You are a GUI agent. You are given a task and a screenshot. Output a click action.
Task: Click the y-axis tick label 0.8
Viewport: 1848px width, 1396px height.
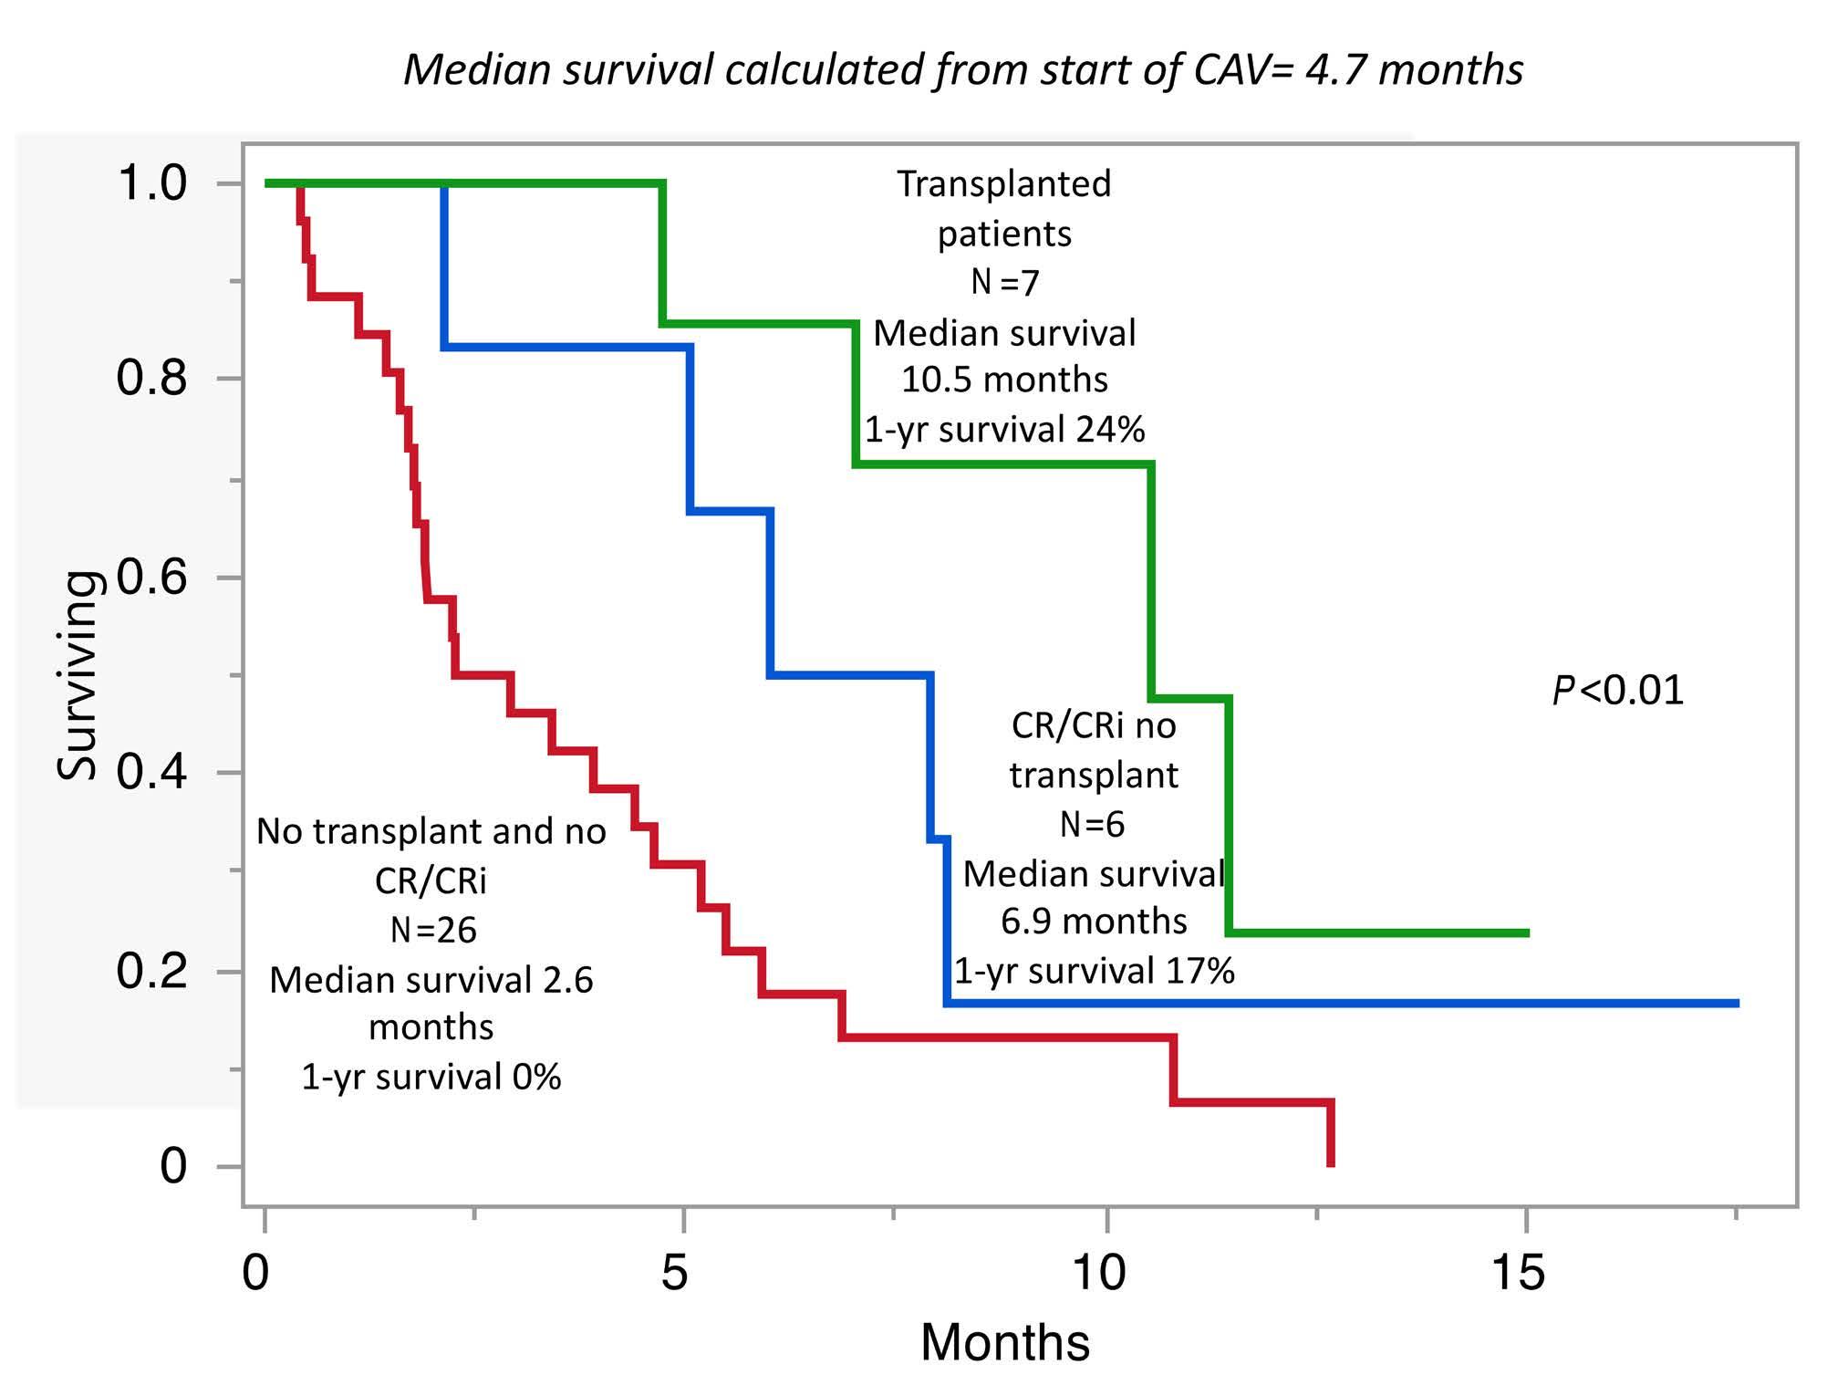pyautogui.click(x=151, y=378)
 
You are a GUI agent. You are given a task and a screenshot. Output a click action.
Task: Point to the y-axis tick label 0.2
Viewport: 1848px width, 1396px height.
pyautogui.click(x=151, y=970)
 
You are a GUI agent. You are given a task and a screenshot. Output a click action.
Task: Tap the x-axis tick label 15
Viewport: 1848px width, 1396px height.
pyautogui.click(x=1518, y=1271)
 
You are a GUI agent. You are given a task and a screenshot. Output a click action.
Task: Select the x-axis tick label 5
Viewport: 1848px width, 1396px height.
pyautogui.click(x=674, y=1271)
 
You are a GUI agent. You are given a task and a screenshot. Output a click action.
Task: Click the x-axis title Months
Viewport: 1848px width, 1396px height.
pyautogui.click(x=1004, y=1343)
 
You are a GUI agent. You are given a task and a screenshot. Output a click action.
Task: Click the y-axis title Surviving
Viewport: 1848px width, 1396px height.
pyautogui.click(x=77, y=675)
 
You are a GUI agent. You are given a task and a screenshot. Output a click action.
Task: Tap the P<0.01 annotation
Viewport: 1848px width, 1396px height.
pyautogui.click(x=1617, y=690)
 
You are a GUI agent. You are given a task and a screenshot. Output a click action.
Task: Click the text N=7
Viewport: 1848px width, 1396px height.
pyautogui.click(x=1004, y=283)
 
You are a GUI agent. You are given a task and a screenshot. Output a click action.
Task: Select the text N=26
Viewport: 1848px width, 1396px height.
pyautogui.click(x=432, y=930)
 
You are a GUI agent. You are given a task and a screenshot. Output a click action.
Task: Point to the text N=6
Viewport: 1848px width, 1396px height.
pyautogui.click(x=1093, y=825)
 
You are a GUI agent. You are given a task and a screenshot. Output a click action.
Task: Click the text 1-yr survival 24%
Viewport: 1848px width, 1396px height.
pyautogui.click(x=1004, y=429)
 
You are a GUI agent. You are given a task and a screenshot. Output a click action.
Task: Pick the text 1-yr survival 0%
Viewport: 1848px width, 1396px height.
pyautogui.click(x=431, y=1078)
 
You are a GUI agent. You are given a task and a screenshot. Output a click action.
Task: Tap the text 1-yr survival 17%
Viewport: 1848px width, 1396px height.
pyautogui.click(x=1094, y=971)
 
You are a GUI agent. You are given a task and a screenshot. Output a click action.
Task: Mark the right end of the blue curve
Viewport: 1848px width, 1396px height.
pyautogui.click(x=1738, y=1003)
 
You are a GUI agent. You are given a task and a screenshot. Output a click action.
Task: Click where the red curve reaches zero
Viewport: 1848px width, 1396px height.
pyautogui.click(x=1331, y=1164)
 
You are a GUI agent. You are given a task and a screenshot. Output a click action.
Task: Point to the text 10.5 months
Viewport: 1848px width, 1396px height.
pyautogui.click(x=1004, y=380)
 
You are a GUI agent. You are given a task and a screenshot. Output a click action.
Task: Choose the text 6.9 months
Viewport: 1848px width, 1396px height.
pyautogui.click(x=1094, y=922)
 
